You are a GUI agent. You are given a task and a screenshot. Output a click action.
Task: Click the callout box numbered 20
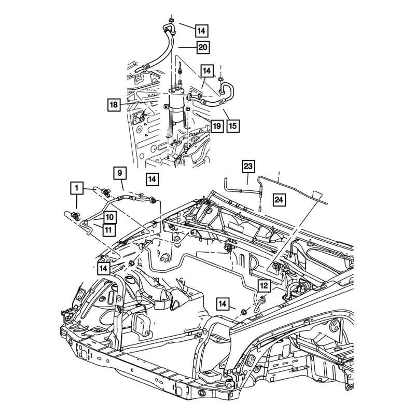click(x=202, y=47)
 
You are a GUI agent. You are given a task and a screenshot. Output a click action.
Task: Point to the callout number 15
click(x=232, y=126)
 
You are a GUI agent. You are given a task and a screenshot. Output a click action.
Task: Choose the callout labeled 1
click(x=76, y=187)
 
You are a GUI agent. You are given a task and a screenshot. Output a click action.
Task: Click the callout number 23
click(x=248, y=167)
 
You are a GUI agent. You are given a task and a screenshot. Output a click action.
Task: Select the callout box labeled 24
click(x=279, y=199)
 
